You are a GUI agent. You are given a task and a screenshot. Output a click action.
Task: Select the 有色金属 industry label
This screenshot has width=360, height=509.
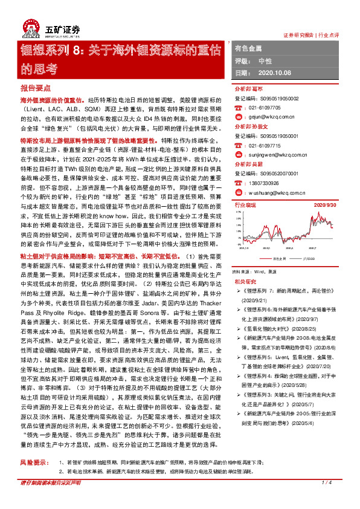(x=248, y=47)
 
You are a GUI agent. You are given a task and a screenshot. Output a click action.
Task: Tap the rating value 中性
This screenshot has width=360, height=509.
(x=265, y=61)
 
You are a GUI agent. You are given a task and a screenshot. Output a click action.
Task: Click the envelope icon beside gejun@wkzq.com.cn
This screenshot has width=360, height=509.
(x=237, y=119)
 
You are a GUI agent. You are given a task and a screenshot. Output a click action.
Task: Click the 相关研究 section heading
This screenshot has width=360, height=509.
(x=244, y=265)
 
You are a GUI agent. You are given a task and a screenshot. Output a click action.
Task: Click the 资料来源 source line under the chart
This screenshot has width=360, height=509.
(x=257, y=255)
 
